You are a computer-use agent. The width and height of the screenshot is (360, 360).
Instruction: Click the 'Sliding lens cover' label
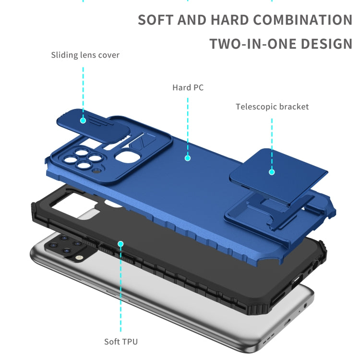(85, 55)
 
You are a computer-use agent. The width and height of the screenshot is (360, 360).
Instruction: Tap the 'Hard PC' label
(188, 87)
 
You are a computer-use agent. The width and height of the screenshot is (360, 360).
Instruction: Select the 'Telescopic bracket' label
(272, 107)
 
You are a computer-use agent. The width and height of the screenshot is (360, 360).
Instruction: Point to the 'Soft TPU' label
(121, 342)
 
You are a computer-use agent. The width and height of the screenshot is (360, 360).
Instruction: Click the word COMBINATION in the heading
(302, 20)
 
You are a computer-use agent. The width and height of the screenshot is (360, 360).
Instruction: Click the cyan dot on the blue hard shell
(188, 157)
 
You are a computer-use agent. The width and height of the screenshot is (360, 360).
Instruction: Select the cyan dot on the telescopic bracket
(272, 171)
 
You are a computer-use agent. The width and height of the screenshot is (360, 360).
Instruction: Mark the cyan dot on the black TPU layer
(120, 244)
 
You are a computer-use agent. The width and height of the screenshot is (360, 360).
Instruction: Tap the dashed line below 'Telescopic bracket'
(272, 139)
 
